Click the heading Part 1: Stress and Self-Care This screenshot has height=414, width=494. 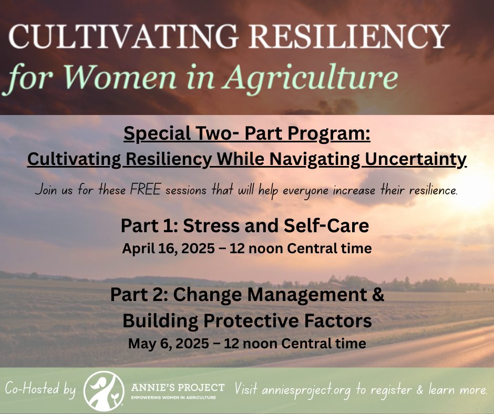[x=244, y=226]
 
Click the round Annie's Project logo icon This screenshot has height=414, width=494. [x=104, y=390]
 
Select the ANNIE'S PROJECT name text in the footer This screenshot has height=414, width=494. [x=177, y=388]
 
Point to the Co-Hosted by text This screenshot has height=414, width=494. [x=41, y=390]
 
